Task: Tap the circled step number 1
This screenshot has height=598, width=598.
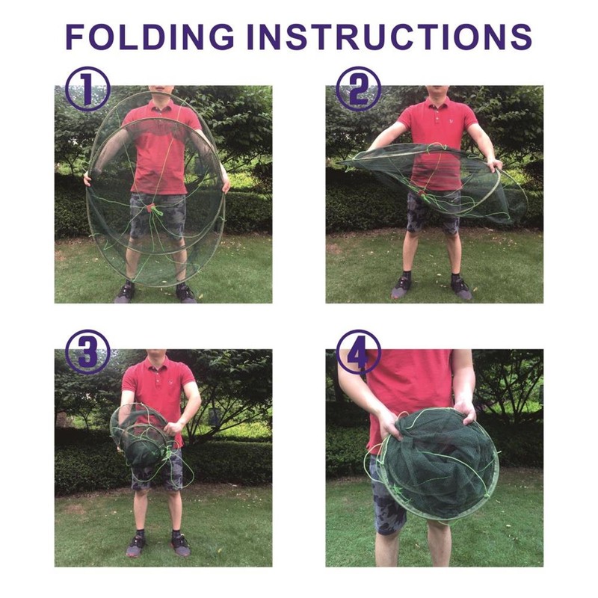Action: pos(87,89)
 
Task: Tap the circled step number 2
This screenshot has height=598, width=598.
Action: pos(358,89)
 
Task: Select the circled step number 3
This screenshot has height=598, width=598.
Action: pos(87,352)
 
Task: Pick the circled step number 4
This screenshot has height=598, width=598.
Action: pos(358,352)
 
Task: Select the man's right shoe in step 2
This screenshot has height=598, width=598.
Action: pos(402,286)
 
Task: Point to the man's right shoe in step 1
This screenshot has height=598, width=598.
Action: pos(124,292)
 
